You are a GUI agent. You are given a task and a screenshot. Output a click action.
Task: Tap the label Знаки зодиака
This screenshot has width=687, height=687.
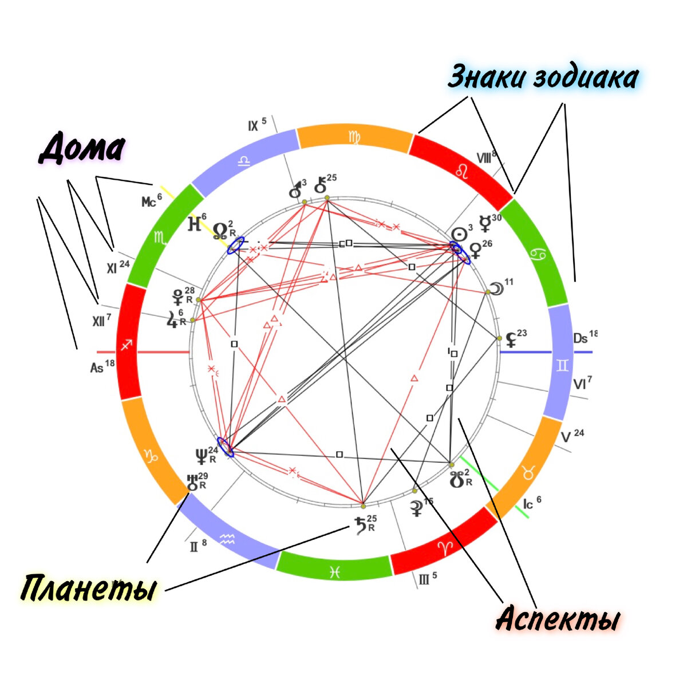[x=543, y=77]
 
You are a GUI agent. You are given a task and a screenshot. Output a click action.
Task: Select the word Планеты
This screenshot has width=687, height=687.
[x=89, y=588]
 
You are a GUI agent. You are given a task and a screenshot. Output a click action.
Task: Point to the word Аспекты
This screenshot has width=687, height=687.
[x=558, y=618]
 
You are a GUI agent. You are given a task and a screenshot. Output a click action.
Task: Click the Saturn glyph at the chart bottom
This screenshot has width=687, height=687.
[x=361, y=524]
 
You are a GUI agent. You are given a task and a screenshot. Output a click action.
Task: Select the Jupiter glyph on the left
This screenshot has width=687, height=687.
[x=172, y=318]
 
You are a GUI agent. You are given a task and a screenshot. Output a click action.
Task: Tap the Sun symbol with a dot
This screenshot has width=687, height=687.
[x=459, y=234]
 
